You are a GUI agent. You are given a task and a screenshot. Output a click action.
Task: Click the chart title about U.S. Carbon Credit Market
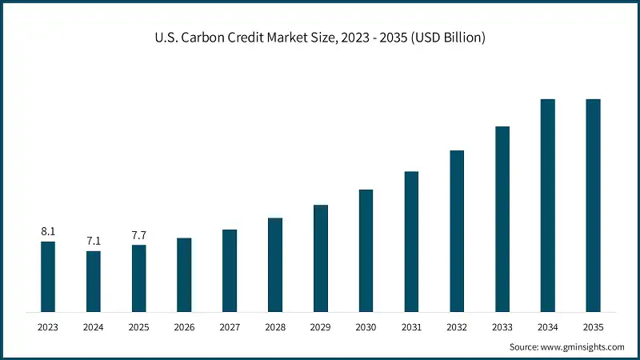point(320,38)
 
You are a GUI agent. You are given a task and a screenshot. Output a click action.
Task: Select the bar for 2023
point(48,276)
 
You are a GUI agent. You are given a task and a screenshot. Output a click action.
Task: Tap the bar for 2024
point(94,281)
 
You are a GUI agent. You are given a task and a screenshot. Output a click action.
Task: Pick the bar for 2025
point(139,278)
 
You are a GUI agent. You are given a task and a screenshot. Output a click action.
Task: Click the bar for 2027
point(230,270)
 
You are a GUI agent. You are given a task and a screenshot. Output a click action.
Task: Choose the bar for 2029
point(321,258)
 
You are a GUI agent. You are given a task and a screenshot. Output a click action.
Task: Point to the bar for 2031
point(411,241)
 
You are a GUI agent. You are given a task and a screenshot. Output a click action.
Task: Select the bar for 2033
point(502,218)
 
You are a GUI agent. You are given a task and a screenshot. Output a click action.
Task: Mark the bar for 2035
point(593,205)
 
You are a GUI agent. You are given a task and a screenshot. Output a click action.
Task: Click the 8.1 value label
point(48,232)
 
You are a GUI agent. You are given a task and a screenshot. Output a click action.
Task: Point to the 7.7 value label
point(139,236)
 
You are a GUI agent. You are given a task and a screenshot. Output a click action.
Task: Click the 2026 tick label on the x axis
point(184,327)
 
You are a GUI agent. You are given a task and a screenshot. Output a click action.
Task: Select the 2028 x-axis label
point(275,327)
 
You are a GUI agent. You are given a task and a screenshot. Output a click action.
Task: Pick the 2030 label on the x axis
point(366,327)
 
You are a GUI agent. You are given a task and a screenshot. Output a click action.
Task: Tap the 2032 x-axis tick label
point(457,327)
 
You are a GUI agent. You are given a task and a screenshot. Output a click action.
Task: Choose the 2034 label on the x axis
point(547,327)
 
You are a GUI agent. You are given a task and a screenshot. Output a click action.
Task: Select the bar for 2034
point(547,205)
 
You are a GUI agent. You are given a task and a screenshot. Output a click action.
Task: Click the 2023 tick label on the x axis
point(48,327)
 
